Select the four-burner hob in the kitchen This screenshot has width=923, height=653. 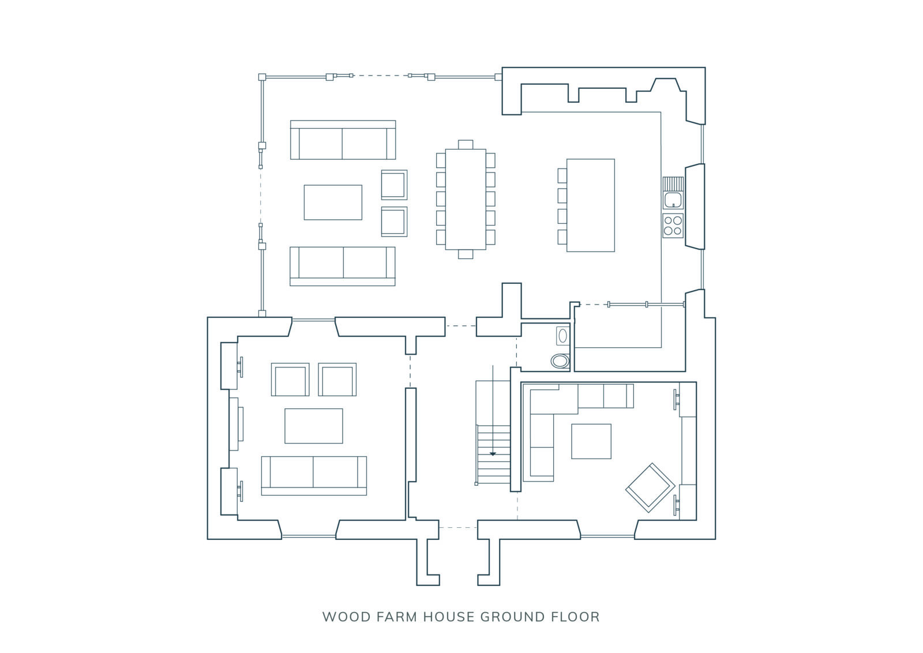tap(673, 226)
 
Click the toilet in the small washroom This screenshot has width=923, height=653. tap(560, 361)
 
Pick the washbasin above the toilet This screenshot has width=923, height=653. tap(562, 336)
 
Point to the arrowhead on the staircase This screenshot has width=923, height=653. tap(493, 454)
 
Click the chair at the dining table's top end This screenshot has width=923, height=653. tap(466, 145)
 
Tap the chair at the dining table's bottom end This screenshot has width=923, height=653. tap(466, 254)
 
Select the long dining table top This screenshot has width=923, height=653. tap(466, 200)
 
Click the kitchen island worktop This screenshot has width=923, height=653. tap(591, 205)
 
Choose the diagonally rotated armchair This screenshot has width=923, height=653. tap(650, 488)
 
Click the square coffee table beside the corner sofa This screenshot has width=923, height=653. tap(591, 441)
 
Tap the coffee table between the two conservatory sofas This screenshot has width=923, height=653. tap(333, 202)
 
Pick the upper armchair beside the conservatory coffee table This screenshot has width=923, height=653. tap(395, 185)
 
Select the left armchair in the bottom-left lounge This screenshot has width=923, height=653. tap(290, 380)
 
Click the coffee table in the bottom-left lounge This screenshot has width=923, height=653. tap(314, 426)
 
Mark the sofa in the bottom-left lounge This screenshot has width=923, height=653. tap(314, 475)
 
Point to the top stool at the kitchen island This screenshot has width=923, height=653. tap(562, 175)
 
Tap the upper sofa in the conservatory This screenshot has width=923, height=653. tap(343, 140)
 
